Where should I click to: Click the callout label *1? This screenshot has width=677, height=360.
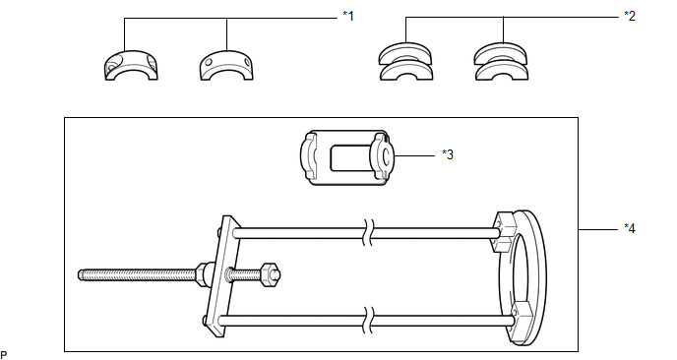pyautogui.click(x=348, y=16)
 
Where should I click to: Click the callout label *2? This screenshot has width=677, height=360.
pyautogui.click(x=630, y=16)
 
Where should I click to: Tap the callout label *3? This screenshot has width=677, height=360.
pyautogui.click(x=448, y=154)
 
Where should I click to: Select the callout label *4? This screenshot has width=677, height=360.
pyautogui.click(x=630, y=228)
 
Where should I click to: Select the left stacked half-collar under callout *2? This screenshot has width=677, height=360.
pyautogui.click(x=405, y=62)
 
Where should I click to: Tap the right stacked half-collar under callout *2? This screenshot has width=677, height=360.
pyautogui.click(x=501, y=62)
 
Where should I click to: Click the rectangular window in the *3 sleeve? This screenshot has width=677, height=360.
pyautogui.click(x=348, y=158)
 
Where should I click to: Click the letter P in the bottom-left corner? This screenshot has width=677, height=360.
pyautogui.click(x=4, y=355)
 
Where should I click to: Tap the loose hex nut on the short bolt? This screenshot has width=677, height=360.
pyautogui.click(x=268, y=274)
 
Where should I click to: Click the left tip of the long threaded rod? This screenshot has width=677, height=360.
pyautogui.click(x=79, y=275)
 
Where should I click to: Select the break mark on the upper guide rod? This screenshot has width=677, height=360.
pyautogui.click(x=368, y=233)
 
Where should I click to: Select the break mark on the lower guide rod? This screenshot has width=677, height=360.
pyautogui.click(x=368, y=321)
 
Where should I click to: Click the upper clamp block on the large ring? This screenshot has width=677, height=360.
pyautogui.click(x=504, y=232)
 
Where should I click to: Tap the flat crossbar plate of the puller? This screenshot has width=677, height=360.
pyautogui.click(x=223, y=277)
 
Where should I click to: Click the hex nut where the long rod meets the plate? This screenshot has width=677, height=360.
pyautogui.click(x=202, y=273)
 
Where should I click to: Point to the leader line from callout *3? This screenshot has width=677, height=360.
pyautogui.click(x=414, y=155)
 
